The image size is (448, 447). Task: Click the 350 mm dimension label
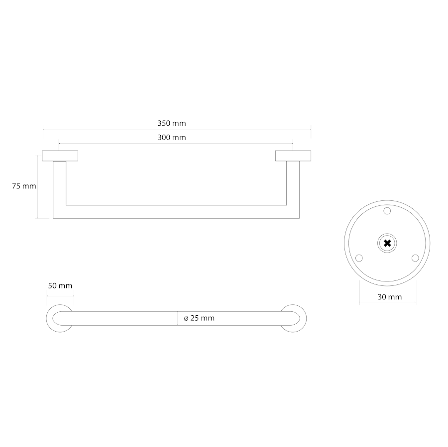tap(171, 123)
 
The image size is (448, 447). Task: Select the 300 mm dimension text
tap(171, 138)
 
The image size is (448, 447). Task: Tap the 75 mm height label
tap(24, 186)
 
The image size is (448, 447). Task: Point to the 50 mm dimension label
tap(60, 286)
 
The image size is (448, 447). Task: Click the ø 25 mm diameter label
tap(199, 318)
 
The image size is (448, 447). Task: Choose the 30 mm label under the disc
tap(390, 297)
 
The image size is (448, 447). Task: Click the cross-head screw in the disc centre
tap(387, 243)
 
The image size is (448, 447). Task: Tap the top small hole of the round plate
tap(387, 211)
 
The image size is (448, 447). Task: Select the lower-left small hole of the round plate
tap(359, 258)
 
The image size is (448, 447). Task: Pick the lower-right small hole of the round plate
tap(415, 258)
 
